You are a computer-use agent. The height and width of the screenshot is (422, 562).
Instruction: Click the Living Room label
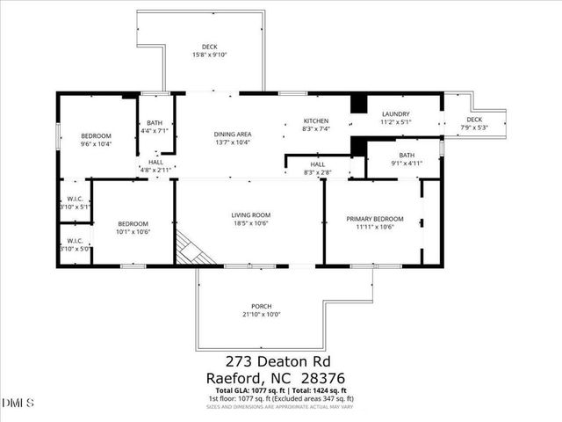(x=250, y=215)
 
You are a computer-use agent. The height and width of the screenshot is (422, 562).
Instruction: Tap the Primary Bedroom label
(x=374, y=219)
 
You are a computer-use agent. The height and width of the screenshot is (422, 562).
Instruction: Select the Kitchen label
(x=315, y=120)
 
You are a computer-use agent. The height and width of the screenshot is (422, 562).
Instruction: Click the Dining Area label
(x=233, y=134)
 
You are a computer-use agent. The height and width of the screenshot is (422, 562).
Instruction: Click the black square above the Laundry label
(x=357, y=103)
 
